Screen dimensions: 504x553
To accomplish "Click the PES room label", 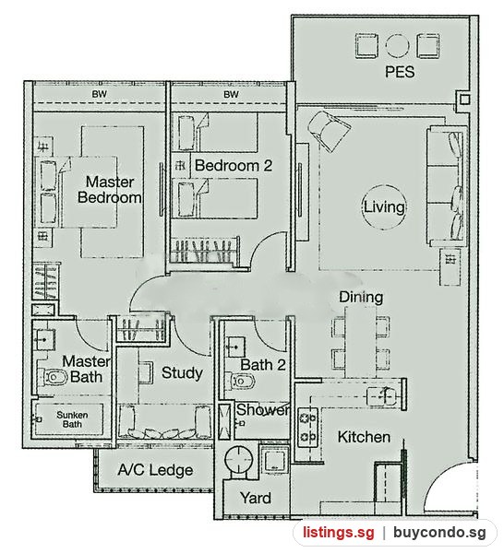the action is (400, 72).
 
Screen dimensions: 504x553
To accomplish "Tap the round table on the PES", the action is (397, 46).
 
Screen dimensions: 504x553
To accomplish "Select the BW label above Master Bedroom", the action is (100, 94).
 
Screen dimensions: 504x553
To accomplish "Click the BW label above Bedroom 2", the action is (231, 94).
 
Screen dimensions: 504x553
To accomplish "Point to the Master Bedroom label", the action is (110, 189).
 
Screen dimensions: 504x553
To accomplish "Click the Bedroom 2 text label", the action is (234, 165).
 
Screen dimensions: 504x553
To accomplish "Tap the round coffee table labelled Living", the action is (384, 207).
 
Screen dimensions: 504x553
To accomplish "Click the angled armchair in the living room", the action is (329, 131).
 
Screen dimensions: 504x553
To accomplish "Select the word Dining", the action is (361, 297).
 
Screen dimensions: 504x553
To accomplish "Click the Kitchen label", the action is (364, 437).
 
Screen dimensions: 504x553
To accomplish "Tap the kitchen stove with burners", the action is (307, 428).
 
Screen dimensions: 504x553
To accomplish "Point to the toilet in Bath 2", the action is (242, 381).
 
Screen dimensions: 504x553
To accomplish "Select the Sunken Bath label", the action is (72, 419).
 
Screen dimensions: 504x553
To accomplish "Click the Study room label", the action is (182, 372).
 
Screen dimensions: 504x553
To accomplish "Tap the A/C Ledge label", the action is (155, 470).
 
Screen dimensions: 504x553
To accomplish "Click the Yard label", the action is (256, 498).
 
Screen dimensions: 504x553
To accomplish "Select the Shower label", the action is (262, 410).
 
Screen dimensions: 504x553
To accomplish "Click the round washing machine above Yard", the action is (237, 459).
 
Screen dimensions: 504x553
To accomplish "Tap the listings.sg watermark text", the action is (339, 532).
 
